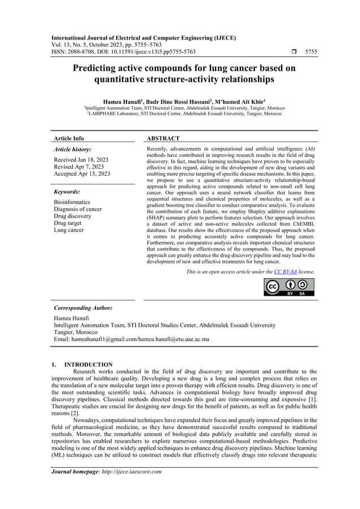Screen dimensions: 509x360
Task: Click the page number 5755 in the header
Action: tap(310, 51)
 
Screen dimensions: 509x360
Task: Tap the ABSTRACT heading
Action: tap(163, 138)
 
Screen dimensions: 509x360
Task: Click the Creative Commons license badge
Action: tap(289, 287)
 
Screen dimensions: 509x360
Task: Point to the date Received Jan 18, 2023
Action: tap(81, 160)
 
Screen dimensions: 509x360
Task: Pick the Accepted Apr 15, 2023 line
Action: tap(82, 174)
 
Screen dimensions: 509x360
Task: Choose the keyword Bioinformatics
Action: tap(72, 201)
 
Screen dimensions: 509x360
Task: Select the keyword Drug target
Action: tap(68, 223)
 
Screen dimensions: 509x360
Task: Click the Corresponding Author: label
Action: tap(82, 308)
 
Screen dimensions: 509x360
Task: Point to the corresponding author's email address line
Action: tap(131, 339)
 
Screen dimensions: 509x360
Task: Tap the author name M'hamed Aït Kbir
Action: tap(233, 101)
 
